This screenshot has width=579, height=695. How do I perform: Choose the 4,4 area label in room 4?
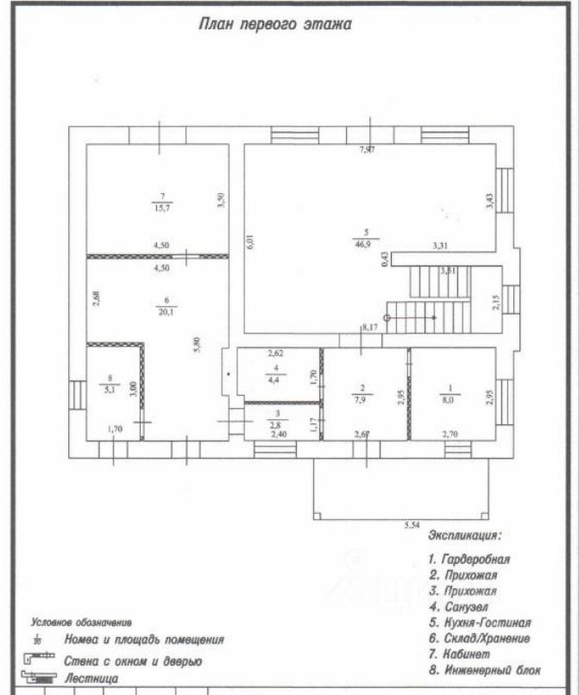(274, 379)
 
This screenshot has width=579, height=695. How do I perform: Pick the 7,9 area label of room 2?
(363, 398)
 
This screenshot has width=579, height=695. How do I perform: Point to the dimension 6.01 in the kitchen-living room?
(249, 243)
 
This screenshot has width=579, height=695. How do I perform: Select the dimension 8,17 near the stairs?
(370, 328)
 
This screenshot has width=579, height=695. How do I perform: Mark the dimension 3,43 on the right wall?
(488, 202)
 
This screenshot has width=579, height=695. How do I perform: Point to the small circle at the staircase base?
(387, 318)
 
